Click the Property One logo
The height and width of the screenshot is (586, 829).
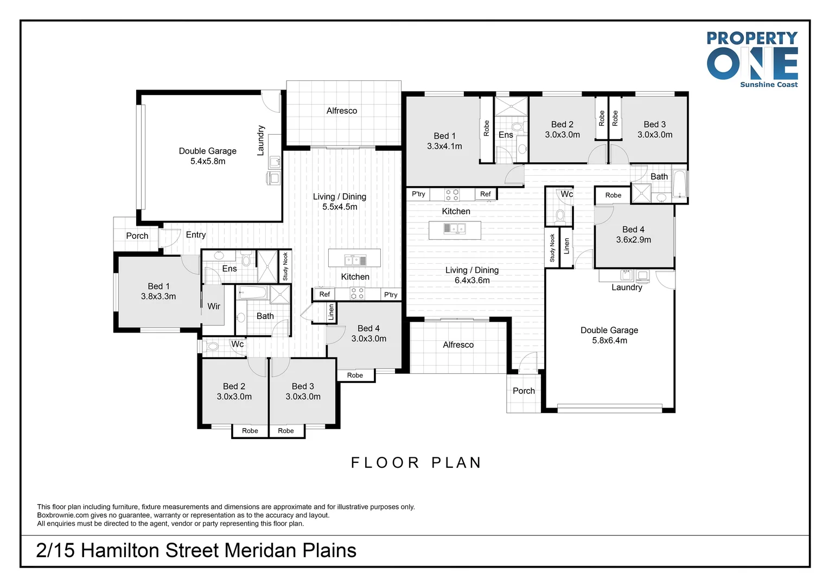(x=752, y=59)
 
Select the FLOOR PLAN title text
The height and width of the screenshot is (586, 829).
(x=416, y=463)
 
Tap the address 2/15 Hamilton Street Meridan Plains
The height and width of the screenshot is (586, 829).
(x=196, y=551)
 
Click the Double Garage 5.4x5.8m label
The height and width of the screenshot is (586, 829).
(x=208, y=156)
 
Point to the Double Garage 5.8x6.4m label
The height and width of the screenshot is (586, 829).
(x=609, y=335)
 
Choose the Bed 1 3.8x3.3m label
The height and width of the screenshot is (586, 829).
(x=158, y=291)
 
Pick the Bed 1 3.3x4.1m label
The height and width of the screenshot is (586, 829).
(x=444, y=141)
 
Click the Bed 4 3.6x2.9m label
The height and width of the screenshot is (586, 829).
(x=633, y=234)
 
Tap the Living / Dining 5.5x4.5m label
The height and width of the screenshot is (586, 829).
(x=340, y=202)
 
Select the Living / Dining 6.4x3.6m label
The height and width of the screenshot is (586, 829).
(x=472, y=275)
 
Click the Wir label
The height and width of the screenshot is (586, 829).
(x=214, y=307)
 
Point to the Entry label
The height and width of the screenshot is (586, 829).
(x=196, y=235)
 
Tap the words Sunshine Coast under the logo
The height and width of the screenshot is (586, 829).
(x=769, y=85)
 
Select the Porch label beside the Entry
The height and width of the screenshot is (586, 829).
(x=137, y=236)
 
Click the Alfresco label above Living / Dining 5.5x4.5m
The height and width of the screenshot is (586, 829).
(x=342, y=111)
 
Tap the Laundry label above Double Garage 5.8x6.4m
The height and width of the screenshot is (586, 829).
(x=627, y=288)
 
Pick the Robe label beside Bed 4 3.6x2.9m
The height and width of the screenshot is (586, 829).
(x=613, y=195)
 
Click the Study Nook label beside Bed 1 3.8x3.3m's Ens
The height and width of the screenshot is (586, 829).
(x=285, y=266)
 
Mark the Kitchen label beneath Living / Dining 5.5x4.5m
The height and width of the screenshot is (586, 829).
(x=355, y=277)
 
